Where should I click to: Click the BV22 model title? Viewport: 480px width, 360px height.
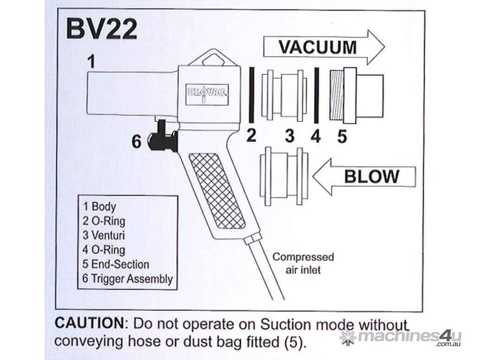(x=101, y=30)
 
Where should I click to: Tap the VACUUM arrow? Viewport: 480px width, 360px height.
(x=323, y=47)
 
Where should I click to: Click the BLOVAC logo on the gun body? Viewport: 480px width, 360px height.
(x=207, y=92)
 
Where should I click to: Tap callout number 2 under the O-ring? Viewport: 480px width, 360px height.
(x=252, y=136)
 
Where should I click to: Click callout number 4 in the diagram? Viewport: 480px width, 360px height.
(x=316, y=136)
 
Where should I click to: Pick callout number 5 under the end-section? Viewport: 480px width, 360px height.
(x=342, y=136)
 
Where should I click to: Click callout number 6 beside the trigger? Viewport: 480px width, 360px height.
(x=136, y=142)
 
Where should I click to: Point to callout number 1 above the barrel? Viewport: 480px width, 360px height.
(x=92, y=61)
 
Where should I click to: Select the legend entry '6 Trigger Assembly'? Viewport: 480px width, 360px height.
(x=127, y=279)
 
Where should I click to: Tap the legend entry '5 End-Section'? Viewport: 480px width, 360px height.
(x=116, y=264)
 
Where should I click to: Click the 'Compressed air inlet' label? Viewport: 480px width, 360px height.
(x=303, y=263)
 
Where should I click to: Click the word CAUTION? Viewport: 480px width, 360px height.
(x=88, y=324)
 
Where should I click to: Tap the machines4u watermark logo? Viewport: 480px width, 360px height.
(x=401, y=337)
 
